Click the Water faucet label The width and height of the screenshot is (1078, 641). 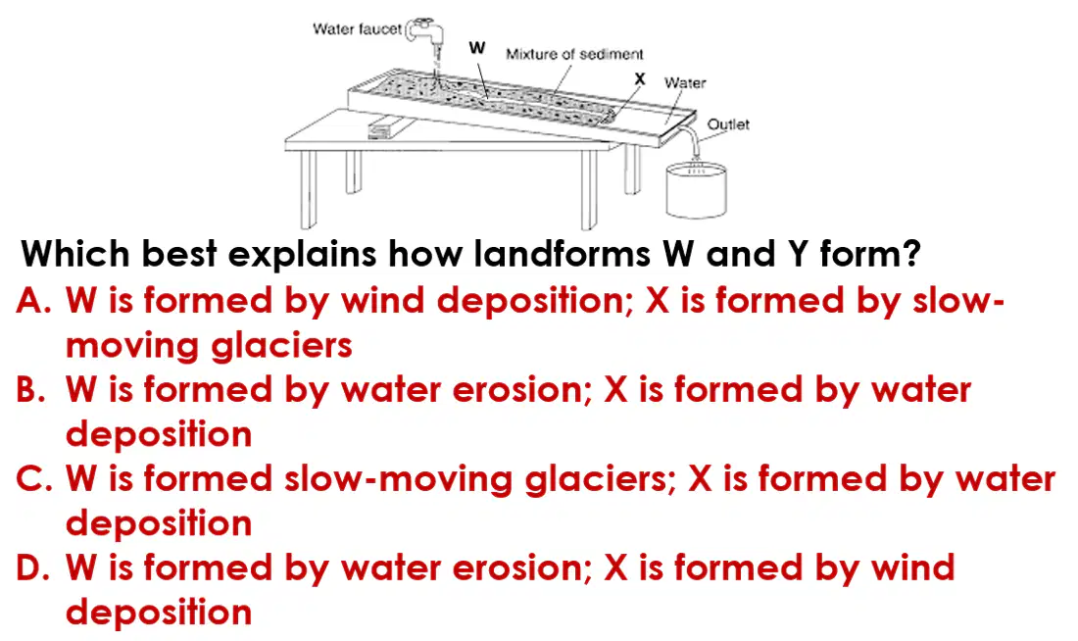coord(357,28)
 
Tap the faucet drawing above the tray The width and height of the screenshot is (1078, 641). coord(424,31)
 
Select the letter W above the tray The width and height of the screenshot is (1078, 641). coord(477,47)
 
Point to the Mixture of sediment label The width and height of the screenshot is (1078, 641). coord(574,54)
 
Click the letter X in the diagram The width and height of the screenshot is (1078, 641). coord(640,79)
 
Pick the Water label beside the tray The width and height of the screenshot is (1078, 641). coord(685,82)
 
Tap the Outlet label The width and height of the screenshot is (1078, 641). coord(728,124)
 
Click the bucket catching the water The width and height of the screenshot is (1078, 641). coord(696,190)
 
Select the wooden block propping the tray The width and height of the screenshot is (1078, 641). coord(383,127)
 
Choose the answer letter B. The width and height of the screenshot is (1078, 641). coord(31,389)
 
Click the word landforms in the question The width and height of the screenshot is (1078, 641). coord(562,254)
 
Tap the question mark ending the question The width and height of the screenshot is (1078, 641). coord(912,254)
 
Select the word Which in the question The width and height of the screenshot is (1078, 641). coord(75,254)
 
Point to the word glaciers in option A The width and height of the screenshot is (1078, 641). coord(282,346)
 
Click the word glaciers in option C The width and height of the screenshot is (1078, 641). coord(596,479)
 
